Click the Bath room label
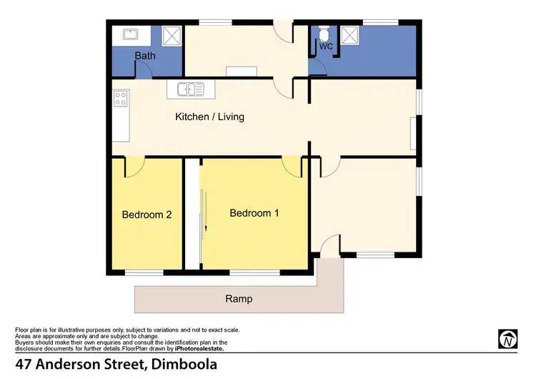point(146,55)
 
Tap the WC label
point(326,47)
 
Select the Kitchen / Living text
point(209,117)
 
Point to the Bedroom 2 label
point(146,214)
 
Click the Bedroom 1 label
point(254,213)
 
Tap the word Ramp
point(239,299)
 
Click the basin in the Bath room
point(130,34)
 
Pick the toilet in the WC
point(324,34)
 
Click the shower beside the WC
point(349,34)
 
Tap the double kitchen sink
point(191,89)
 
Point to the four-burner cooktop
point(119,99)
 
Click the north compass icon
point(507,339)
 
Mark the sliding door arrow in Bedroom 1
point(204,211)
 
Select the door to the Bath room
point(144,69)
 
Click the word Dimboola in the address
point(184,364)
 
